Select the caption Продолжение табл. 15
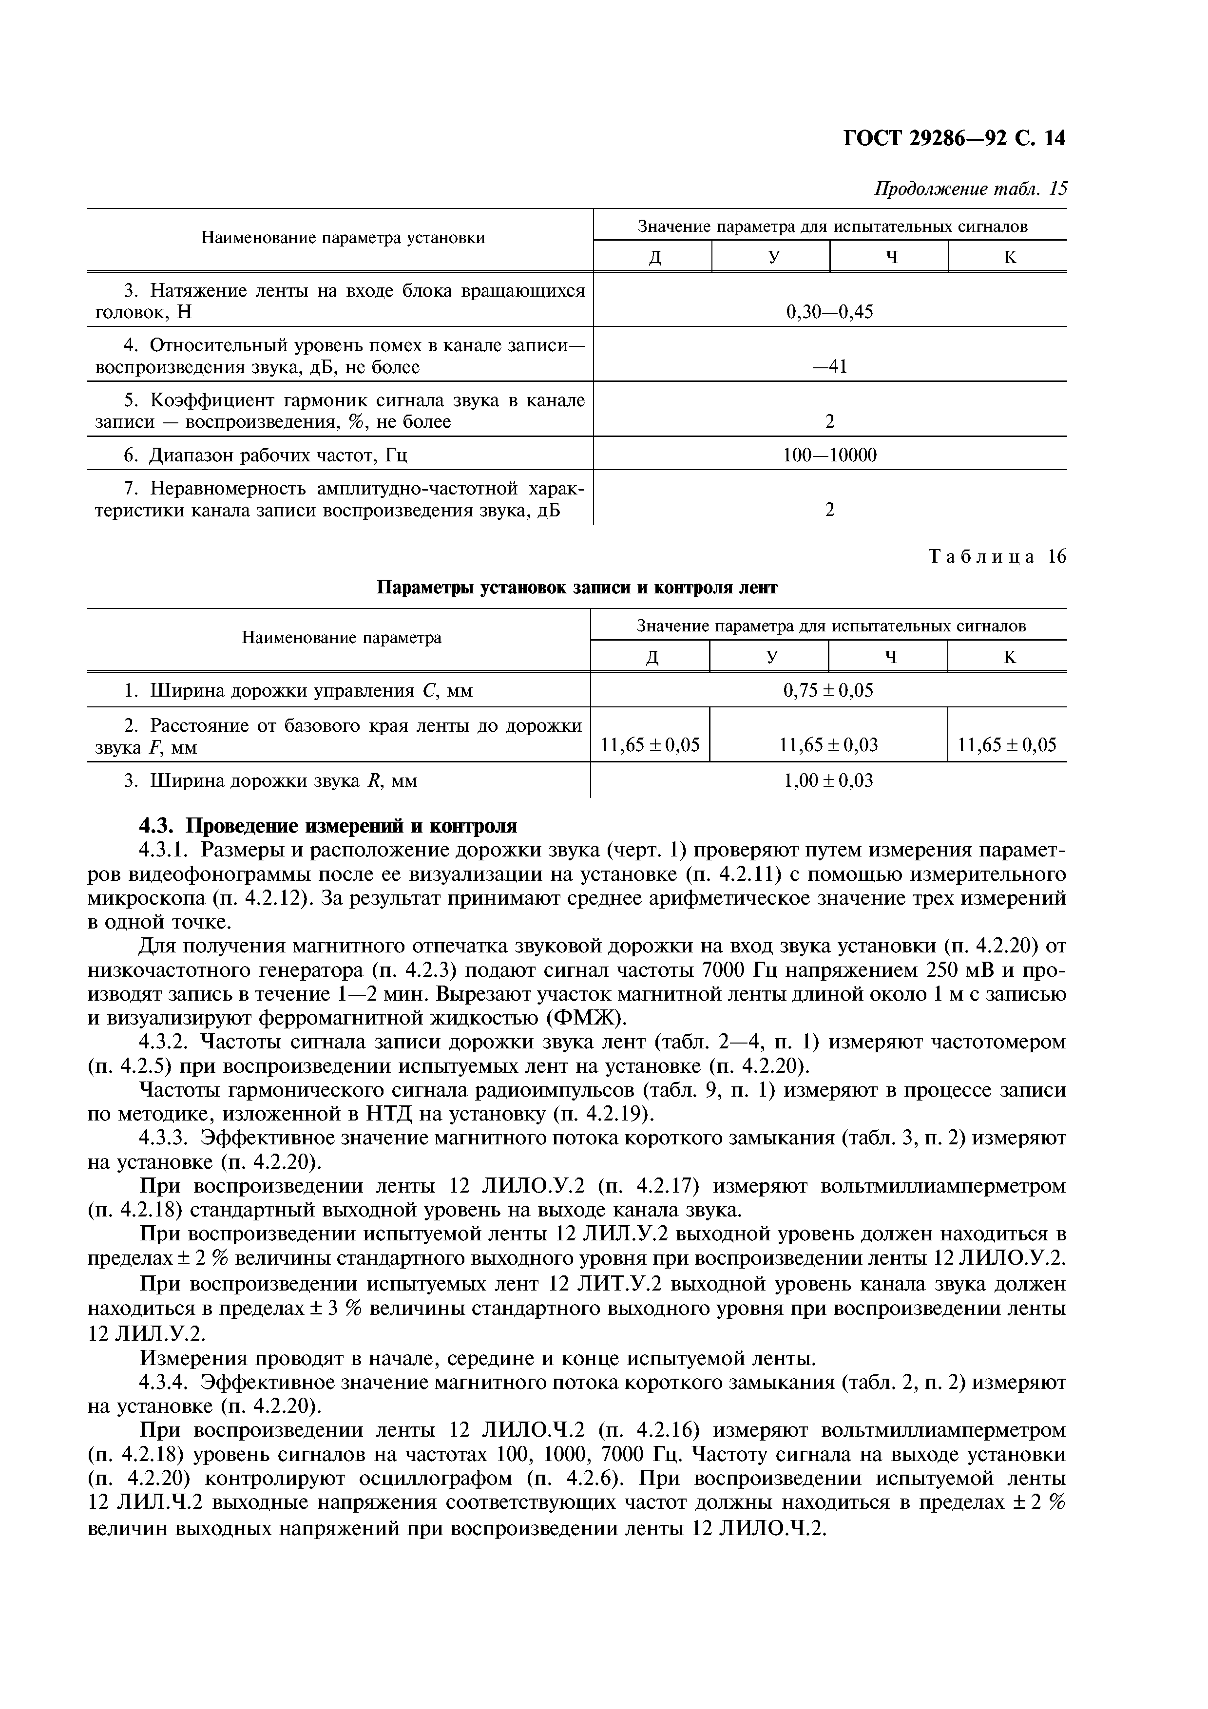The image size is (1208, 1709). (970, 189)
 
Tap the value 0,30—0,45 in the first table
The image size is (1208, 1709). (829, 312)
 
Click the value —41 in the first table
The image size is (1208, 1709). (829, 367)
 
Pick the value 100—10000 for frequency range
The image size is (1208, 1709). (829, 455)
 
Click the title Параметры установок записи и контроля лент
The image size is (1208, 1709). (577, 588)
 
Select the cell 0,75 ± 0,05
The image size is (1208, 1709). (827, 691)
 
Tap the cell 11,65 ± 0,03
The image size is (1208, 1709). (827, 745)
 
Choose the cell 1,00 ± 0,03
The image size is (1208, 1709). (827, 781)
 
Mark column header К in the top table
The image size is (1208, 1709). (1009, 258)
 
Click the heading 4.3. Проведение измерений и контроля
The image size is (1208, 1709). (328, 826)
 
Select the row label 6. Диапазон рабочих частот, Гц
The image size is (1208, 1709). (265, 455)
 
